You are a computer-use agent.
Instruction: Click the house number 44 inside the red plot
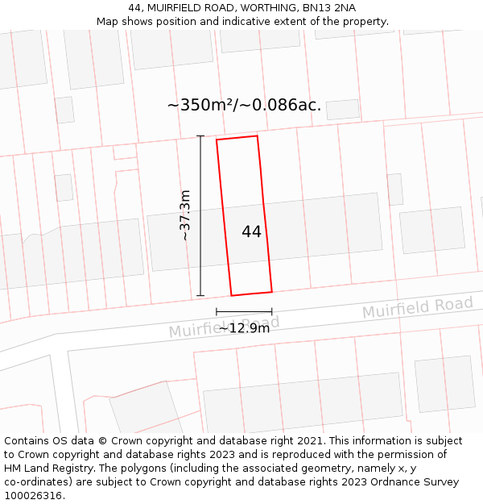[x=251, y=232]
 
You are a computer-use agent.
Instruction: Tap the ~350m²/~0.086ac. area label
[x=244, y=106]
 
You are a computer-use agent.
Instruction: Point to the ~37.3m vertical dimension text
[x=185, y=215]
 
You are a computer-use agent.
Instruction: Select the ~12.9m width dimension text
[x=244, y=328]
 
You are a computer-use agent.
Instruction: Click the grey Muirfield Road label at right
[x=417, y=307]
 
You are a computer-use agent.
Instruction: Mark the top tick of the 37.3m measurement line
[x=200, y=136]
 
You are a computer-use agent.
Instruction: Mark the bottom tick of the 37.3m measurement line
[x=200, y=296]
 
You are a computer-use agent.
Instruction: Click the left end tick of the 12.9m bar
[x=217, y=311]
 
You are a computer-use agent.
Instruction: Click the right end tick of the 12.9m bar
[x=271, y=311]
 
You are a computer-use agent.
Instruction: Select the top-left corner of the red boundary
[x=217, y=140]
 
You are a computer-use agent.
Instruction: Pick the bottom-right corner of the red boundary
[x=271, y=291]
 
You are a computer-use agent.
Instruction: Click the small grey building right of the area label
[x=343, y=110]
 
